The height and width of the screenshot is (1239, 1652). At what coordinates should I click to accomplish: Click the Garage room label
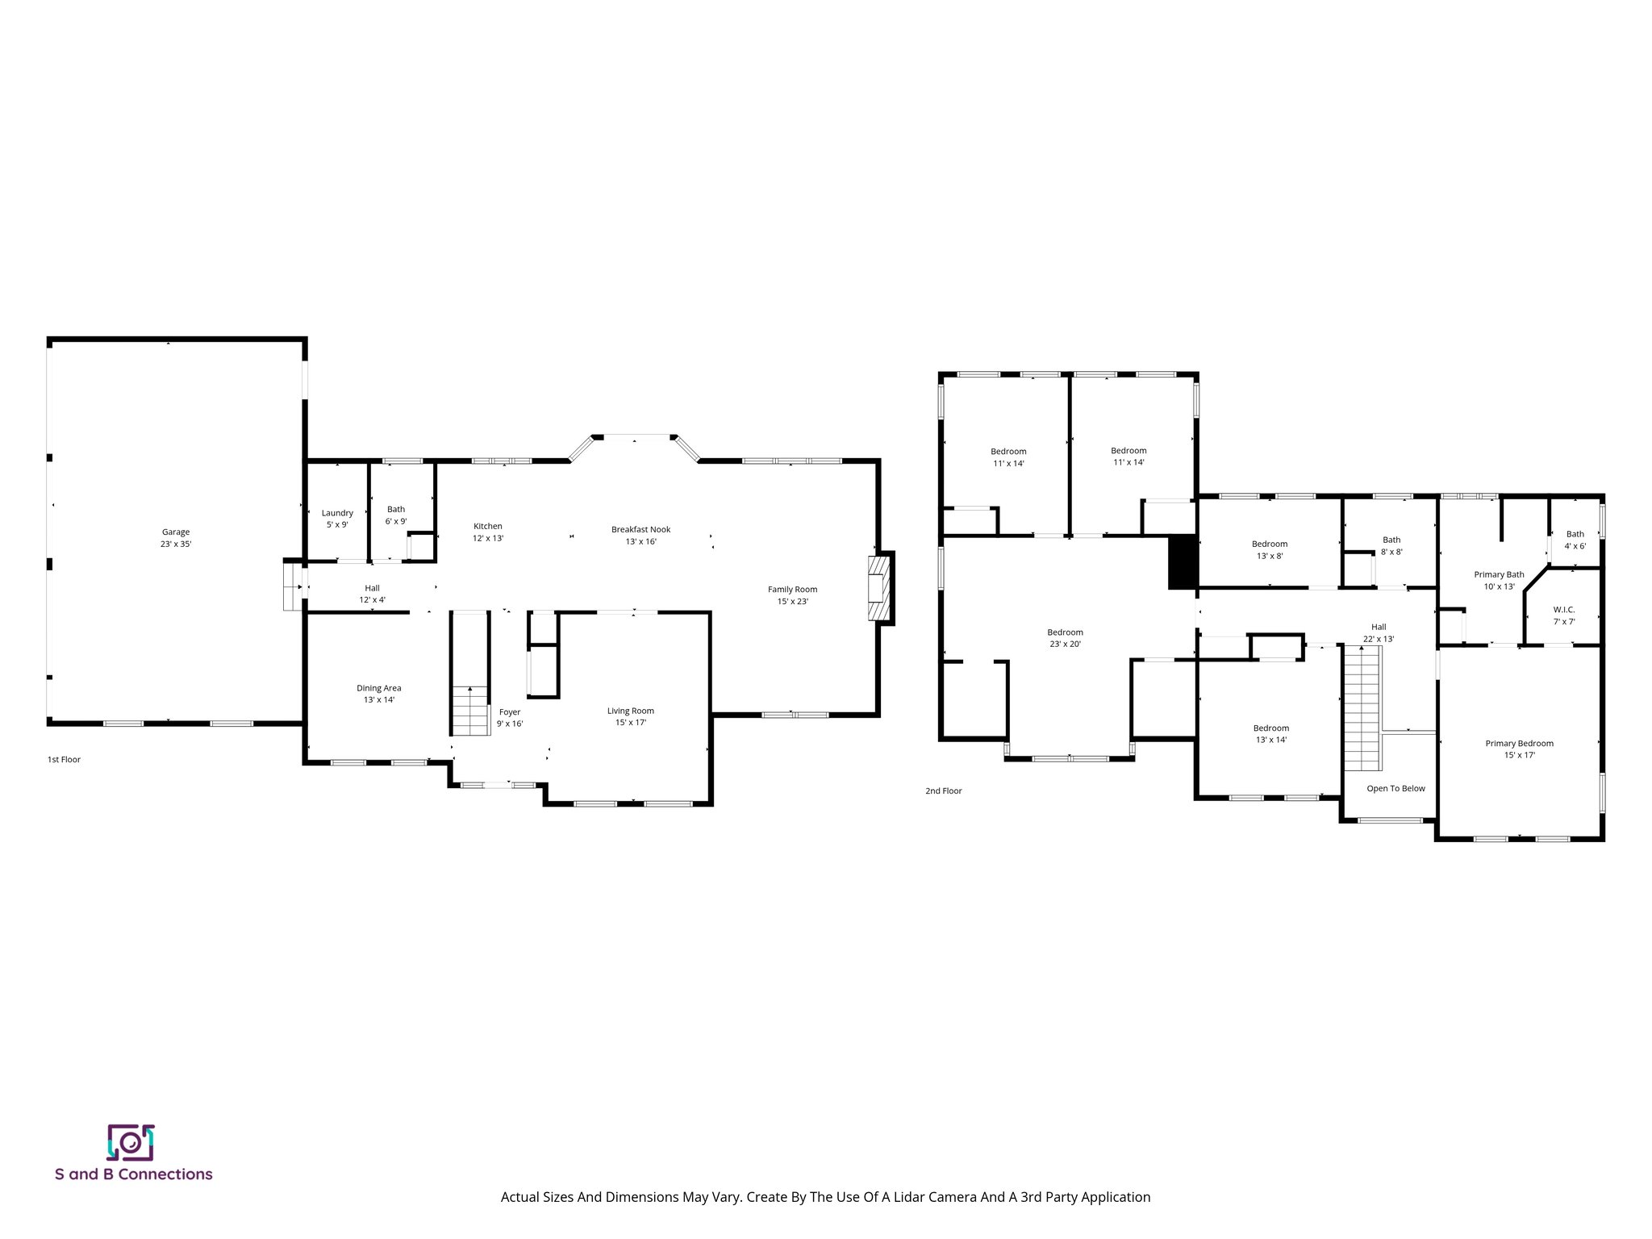(176, 538)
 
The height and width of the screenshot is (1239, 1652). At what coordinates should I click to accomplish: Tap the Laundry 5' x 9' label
(337, 519)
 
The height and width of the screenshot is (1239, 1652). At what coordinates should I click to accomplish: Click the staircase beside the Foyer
(470, 711)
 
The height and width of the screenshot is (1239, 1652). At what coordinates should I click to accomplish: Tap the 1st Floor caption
(65, 760)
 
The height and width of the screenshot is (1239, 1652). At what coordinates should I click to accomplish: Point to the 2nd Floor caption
(943, 791)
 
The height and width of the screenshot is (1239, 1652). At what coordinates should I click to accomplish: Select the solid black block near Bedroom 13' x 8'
(1183, 562)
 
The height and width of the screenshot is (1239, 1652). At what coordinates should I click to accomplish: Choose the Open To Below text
(1395, 789)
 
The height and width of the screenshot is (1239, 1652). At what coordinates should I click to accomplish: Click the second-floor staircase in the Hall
(1363, 710)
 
